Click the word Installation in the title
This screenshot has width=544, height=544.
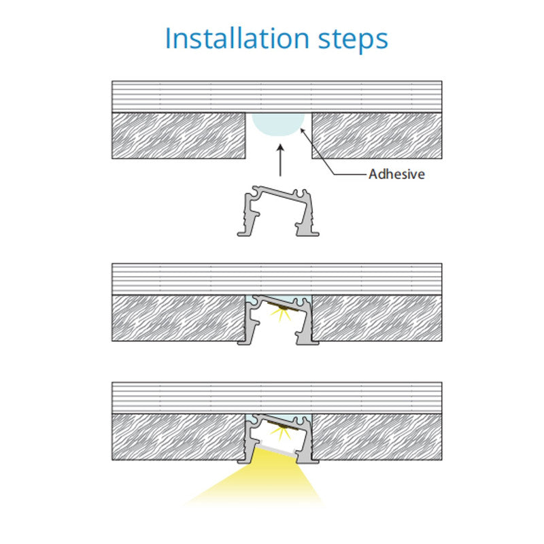[237, 38]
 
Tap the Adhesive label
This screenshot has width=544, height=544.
[396, 174]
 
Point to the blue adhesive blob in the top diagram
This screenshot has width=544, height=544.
[278, 124]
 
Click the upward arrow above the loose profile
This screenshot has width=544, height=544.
[280, 160]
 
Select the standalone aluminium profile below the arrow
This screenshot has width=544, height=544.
[278, 211]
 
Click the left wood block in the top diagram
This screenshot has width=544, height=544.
[179, 135]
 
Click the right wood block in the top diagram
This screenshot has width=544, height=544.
[377, 135]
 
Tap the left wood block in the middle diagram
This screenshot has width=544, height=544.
[179, 318]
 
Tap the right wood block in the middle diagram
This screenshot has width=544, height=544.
[377, 318]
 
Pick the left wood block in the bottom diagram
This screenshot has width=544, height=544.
[179, 437]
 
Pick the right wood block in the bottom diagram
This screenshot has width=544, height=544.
[377, 437]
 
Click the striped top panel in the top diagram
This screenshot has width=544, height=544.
[277, 97]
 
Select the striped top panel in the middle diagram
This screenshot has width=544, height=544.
[277, 279]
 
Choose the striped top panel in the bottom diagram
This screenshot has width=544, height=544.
[277, 398]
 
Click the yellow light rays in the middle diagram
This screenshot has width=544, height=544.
[281, 314]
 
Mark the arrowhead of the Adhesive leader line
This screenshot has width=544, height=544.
[302, 131]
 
